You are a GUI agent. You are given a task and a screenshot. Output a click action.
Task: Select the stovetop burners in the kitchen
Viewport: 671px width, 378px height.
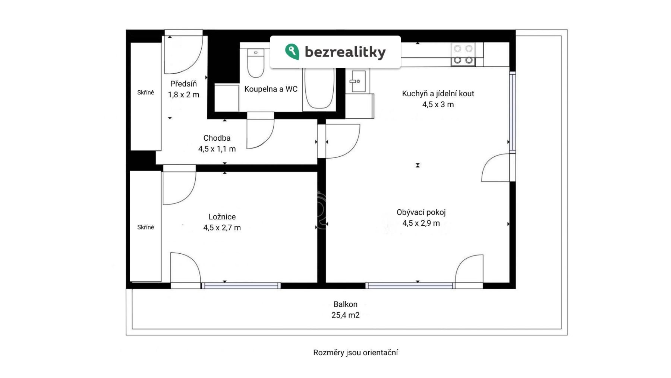click(463, 54)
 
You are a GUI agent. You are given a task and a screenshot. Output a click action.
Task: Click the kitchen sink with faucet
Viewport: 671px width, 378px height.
click(358, 81)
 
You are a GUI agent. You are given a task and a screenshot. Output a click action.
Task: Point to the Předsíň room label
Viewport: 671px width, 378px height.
click(183, 84)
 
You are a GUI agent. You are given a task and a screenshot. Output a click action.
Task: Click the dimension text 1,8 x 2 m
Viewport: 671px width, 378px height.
click(183, 95)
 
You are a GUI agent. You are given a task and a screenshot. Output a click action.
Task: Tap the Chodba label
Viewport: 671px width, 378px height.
click(217, 138)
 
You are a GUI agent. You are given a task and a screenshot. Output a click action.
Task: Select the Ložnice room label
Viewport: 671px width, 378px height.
click(222, 217)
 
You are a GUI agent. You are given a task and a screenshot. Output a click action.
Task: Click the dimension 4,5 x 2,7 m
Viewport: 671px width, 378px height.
click(222, 228)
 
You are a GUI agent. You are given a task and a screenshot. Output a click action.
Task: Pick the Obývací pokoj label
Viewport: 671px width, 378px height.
click(421, 212)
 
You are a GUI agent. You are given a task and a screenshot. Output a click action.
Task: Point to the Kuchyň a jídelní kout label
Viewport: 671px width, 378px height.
click(438, 94)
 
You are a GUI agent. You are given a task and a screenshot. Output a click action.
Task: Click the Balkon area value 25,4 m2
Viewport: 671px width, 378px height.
click(346, 315)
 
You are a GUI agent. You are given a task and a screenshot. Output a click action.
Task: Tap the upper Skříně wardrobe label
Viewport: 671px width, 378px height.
click(145, 93)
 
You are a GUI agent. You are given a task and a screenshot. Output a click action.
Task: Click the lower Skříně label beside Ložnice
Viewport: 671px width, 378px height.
click(145, 227)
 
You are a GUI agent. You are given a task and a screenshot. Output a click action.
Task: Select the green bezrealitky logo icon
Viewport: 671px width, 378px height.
click(292, 52)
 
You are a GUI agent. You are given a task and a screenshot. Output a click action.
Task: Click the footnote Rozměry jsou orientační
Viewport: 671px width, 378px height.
click(356, 353)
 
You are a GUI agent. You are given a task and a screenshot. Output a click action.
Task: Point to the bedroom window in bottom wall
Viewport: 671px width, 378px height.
click(241, 286)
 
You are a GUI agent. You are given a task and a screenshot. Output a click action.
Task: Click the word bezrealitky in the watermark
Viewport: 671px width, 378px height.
click(345, 52)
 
